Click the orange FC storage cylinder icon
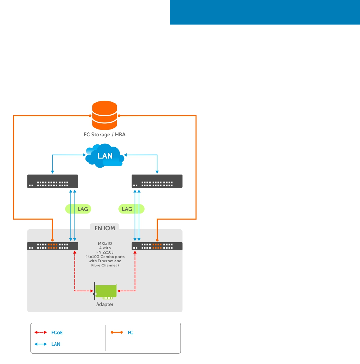pyautogui.click(x=105, y=115)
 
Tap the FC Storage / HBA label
pyautogui.click(x=105, y=134)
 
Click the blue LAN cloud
pyautogui.click(x=105, y=156)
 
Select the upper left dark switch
pyautogui.click(x=53, y=181)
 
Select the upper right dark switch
pyautogui.click(x=157, y=181)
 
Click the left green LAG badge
pyautogui.click(x=78, y=209)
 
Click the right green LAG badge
pyautogui.click(x=131, y=209)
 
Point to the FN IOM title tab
pyautogui.click(x=105, y=228)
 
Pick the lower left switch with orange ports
pyautogui.click(x=53, y=246)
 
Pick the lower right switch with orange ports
pyautogui.click(x=157, y=246)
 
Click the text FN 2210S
pyautogui.click(x=105, y=252)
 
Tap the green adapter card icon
pyautogui.click(x=105, y=291)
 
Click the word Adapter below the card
pyautogui.click(x=105, y=304)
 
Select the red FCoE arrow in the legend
pyautogui.click(x=41, y=332)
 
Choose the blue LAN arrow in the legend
pyautogui.click(x=41, y=344)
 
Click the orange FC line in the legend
pyautogui.click(x=117, y=332)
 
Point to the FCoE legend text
pyautogui.click(x=57, y=333)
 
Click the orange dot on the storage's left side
pyautogui.click(x=90, y=116)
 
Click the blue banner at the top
pyautogui.click(x=265, y=12)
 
